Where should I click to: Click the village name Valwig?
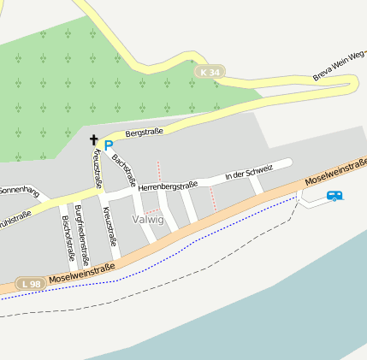coord(148,220)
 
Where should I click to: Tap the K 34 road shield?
coord(208,73)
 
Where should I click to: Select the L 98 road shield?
coord(31,284)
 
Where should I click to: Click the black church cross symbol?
coord(93,139)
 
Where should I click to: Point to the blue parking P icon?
coord(109,145)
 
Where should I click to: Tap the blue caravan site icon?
coord(334,196)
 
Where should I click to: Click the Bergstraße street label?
coord(144,133)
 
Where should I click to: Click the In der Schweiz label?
coord(248,174)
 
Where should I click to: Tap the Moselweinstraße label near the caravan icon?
coord(337,171)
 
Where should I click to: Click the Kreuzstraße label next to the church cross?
coord(98,168)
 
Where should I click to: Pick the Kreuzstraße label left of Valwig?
coord(109,226)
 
